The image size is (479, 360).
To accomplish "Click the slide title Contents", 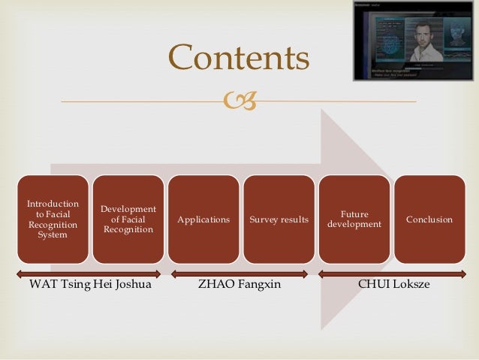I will click(x=239, y=57).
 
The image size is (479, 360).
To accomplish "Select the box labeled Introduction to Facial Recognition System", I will click(x=52, y=219).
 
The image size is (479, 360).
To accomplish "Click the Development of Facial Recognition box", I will click(x=128, y=219).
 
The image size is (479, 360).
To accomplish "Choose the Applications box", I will click(x=203, y=219).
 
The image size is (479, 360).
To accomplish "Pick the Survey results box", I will click(x=279, y=219).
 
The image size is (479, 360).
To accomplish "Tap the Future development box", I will click(x=355, y=219).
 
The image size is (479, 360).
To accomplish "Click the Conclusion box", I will click(x=429, y=219).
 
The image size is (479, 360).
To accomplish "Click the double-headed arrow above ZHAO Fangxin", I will click(x=239, y=274).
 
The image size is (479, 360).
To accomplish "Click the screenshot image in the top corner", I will click(x=414, y=41).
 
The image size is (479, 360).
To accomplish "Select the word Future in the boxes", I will click(x=354, y=213).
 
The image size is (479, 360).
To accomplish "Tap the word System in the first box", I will click(x=52, y=234).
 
